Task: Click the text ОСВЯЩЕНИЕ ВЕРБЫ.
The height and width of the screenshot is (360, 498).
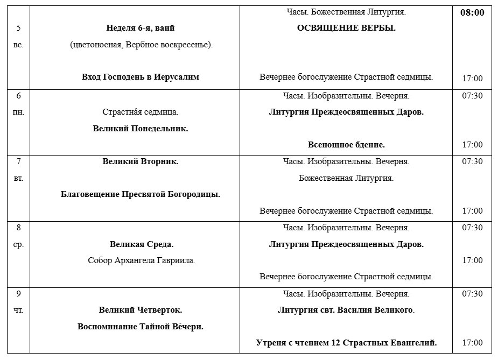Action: click(x=346, y=29)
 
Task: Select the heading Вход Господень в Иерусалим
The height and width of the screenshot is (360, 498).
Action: click(x=141, y=77)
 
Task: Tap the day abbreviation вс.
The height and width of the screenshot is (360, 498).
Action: click(x=18, y=45)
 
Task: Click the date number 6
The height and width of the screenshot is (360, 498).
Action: click(x=18, y=96)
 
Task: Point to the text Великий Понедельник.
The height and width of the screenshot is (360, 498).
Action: click(x=141, y=129)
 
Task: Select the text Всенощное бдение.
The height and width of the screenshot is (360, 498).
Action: click(x=346, y=145)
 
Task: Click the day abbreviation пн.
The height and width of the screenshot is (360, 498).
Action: click(x=18, y=112)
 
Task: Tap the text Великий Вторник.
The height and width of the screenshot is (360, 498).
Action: click(x=141, y=161)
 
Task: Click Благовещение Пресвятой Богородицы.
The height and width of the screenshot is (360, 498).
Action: click(x=141, y=194)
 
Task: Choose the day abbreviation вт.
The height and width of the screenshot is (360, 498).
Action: click(x=18, y=178)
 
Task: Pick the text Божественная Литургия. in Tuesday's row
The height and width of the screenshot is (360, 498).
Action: click(x=346, y=178)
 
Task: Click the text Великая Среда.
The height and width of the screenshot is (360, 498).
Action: click(x=141, y=244)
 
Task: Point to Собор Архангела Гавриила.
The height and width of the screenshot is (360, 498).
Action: click(x=141, y=260)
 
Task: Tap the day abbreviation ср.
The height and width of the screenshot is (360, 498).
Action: click(x=18, y=244)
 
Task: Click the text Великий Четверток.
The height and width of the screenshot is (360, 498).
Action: click(x=141, y=310)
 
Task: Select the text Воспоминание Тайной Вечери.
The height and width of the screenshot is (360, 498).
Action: click(x=141, y=327)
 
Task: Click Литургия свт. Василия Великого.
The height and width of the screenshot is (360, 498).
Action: click(x=346, y=310)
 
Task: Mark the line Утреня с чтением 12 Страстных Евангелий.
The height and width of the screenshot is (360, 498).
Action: click(x=346, y=343)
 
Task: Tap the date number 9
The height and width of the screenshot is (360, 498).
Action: click(x=18, y=294)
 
